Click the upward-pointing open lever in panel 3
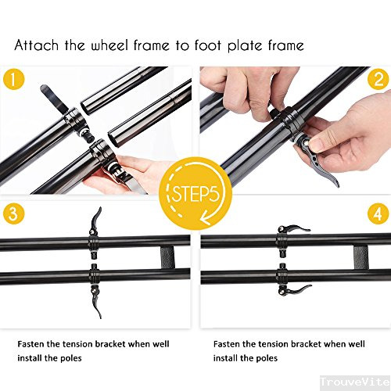96,218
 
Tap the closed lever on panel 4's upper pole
292,229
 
